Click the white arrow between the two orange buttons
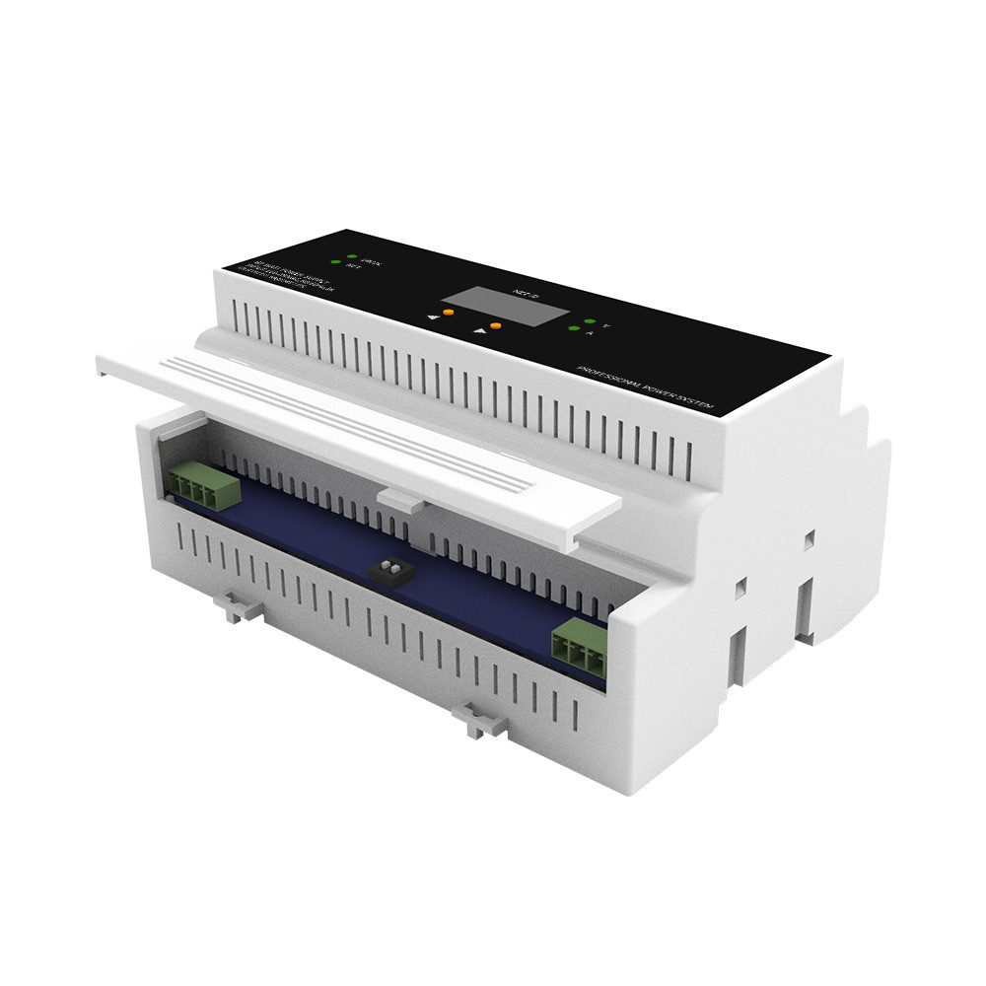pos(480,331)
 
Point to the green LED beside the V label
pos(589,321)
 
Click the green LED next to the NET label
pos(335,262)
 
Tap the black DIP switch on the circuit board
pos(386,569)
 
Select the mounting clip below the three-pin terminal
pos(479,722)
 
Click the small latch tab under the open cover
pos(401,501)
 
